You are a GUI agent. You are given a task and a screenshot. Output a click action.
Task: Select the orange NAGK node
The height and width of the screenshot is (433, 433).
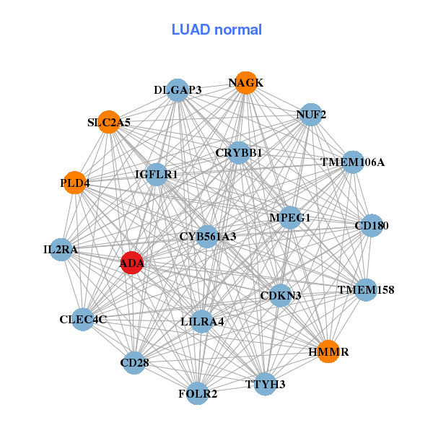coord(245,83)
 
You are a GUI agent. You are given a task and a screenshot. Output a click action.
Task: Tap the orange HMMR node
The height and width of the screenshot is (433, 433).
coord(328,351)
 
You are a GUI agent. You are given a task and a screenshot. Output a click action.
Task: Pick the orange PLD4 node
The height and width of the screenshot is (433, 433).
coord(74,183)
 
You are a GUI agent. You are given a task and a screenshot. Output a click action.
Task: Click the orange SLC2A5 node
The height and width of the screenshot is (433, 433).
coord(109,122)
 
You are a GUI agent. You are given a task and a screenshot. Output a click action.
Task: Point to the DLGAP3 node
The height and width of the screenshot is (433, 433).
coord(178,90)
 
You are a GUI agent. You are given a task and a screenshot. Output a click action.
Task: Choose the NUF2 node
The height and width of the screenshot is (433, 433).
coord(310,115)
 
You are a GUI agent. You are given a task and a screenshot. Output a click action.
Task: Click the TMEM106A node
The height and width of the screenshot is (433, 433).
coord(353,162)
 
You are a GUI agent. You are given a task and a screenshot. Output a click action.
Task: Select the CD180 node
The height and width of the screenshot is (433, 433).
coord(372,226)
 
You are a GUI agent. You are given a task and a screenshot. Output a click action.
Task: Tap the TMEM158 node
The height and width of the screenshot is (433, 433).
coord(366,290)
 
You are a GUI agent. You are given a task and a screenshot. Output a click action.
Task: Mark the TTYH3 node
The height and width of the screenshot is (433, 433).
coord(265,383)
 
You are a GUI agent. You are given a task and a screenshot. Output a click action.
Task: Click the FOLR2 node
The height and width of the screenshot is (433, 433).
coord(198,393)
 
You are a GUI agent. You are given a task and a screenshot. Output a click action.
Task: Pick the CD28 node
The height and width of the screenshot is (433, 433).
coord(134,362)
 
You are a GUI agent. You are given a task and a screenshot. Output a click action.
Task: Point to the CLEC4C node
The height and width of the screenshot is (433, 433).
coord(84,319)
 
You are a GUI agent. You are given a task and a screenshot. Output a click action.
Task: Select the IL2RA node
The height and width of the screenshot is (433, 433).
coord(61,250)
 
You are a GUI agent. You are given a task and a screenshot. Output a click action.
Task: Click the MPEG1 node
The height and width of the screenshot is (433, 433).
coord(289,217)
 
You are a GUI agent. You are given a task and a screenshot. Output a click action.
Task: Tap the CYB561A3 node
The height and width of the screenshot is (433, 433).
coord(208,236)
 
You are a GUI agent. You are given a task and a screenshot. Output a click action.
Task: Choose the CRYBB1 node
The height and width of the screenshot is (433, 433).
coord(239,153)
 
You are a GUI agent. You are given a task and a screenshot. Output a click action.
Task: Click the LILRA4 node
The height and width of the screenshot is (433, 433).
coord(203,321)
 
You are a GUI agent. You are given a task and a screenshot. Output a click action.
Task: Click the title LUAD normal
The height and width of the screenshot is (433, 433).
coord(216,30)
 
